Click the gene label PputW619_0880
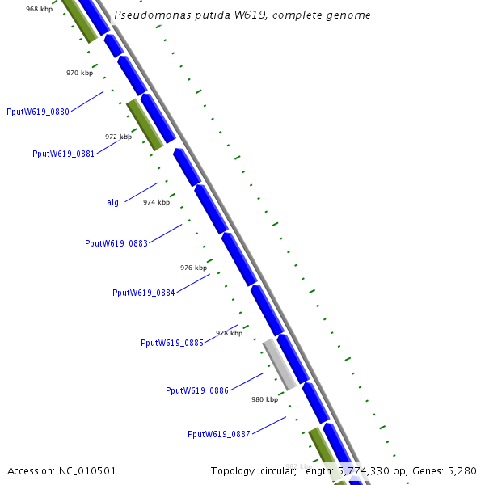point(37,112)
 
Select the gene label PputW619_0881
point(63,154)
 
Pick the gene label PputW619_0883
point(116,243)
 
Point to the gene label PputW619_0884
point(143,293)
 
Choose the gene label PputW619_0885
point(171,343)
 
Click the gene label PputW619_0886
point(197,390)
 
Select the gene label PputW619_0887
point(219,434)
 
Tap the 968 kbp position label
point(40,9)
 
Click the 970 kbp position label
point(79,73)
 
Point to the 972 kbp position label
point(118,137)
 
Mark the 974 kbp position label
point(156,202)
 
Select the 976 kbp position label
point(193,267)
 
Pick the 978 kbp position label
point(229,333)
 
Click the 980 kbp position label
point(264,399)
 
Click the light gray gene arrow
point(279,364)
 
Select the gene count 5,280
point(460,470)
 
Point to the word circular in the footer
point(282,470)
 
